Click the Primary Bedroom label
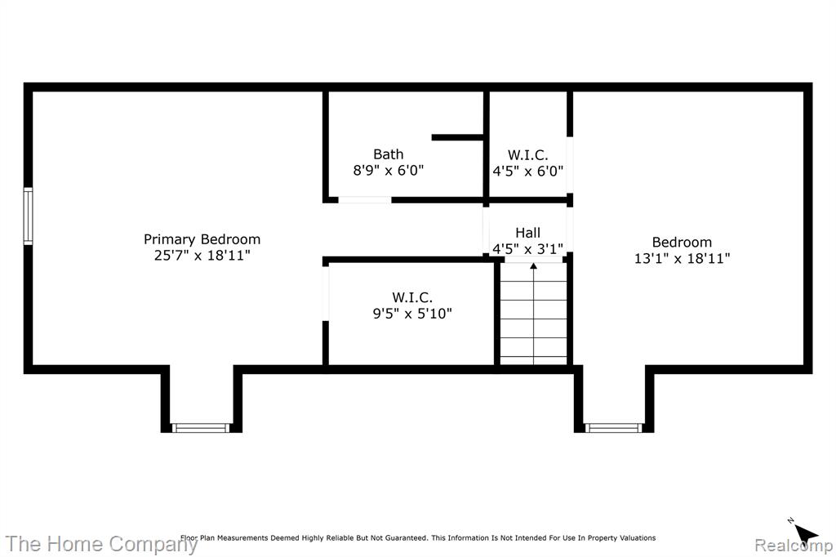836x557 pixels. point(202,239)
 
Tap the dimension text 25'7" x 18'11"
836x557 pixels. point(202,255)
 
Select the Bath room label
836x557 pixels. point(388,154)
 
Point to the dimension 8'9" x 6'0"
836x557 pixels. point(388,170)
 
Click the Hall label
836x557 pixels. point(528,233)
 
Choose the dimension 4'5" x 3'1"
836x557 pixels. point(528,248)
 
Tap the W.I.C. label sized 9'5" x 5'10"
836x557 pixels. point(412,297)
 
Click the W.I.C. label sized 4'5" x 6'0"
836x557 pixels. point(528,154)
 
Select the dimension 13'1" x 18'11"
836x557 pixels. point(682,258)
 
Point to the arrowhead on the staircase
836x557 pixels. point(534,265)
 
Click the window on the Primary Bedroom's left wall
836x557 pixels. point(29,216)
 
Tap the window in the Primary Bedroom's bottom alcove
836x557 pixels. point(201,428)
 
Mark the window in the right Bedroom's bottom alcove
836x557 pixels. point(614,428)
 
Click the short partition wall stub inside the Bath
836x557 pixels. point(457,138)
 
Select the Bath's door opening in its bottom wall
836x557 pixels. point(365,200)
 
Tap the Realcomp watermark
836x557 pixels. point(794,546)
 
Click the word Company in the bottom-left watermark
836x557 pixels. point(153,545)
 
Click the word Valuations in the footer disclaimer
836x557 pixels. point(638,537)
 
